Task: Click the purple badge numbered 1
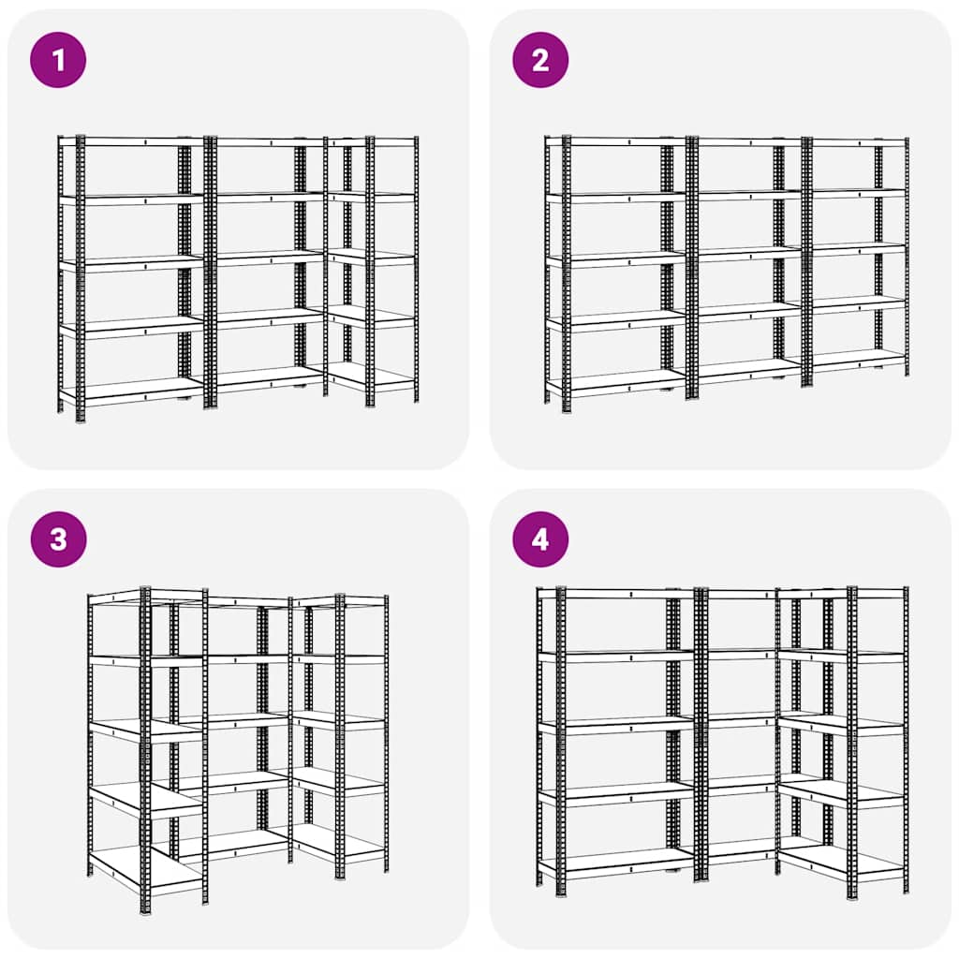[x=58, y=60]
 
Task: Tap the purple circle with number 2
[x=540, y=60]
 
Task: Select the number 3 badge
[x=58, y=539]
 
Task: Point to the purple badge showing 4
[x=540, y=539]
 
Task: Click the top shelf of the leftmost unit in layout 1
[x=131, y=141]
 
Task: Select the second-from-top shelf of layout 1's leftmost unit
[x=131, y=199]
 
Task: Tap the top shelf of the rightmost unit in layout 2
[x=857, y=141]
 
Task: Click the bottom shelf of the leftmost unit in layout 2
[x=618, y=382]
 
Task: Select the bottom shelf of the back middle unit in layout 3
[x=229, y=843]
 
